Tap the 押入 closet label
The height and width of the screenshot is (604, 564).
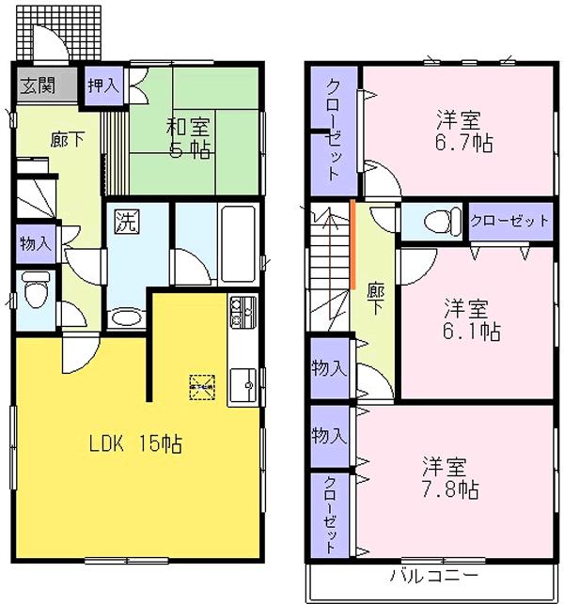103,85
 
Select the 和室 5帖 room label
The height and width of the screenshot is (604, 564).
190,137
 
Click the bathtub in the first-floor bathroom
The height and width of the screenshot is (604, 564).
237,240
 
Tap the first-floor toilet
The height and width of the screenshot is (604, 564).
36,291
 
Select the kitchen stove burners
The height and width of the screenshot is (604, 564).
242,307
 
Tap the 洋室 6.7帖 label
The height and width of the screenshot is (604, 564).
458,132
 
